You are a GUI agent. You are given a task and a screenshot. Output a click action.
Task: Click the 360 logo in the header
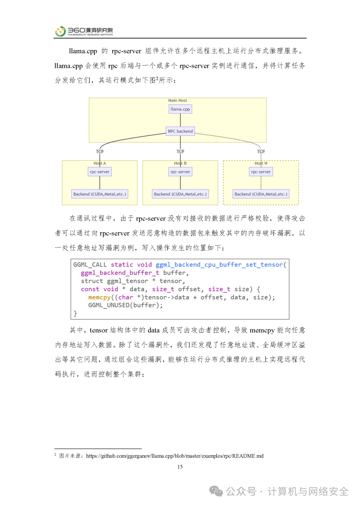point(60,31)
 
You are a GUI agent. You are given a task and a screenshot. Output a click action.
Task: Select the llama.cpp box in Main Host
point(180,109)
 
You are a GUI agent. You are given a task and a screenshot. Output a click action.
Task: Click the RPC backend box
point(180,131)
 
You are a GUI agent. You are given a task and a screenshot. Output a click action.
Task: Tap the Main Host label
point(177,100)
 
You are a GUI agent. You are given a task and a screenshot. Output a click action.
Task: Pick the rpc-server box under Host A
point(100,172)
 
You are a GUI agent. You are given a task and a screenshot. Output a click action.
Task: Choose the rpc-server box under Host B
point(180,172)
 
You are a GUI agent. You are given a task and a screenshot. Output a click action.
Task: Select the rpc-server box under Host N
point(261,172)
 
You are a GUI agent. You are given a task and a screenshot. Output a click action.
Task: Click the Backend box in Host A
point(100,194)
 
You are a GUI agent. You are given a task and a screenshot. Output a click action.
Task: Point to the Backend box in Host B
point(180,194)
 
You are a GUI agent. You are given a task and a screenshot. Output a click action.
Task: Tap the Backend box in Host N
point(261,194)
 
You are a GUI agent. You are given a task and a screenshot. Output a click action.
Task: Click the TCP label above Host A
point(100,152)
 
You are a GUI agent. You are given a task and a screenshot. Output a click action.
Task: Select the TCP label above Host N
point(261,152)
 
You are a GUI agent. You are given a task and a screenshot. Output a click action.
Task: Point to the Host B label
point(180,163)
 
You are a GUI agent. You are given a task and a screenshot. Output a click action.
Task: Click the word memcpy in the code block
point(99,297)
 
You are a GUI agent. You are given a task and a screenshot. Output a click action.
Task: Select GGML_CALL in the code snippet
point(90,264)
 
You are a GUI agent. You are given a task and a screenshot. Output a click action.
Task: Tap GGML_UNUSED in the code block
point(109,305)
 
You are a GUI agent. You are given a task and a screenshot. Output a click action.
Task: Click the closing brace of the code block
point(75,313)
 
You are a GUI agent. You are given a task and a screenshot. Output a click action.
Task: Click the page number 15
point(180,467)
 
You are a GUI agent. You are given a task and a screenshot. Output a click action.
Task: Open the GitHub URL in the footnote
point(175,456)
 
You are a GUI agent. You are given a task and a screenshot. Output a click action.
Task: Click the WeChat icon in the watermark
point(216,491)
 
